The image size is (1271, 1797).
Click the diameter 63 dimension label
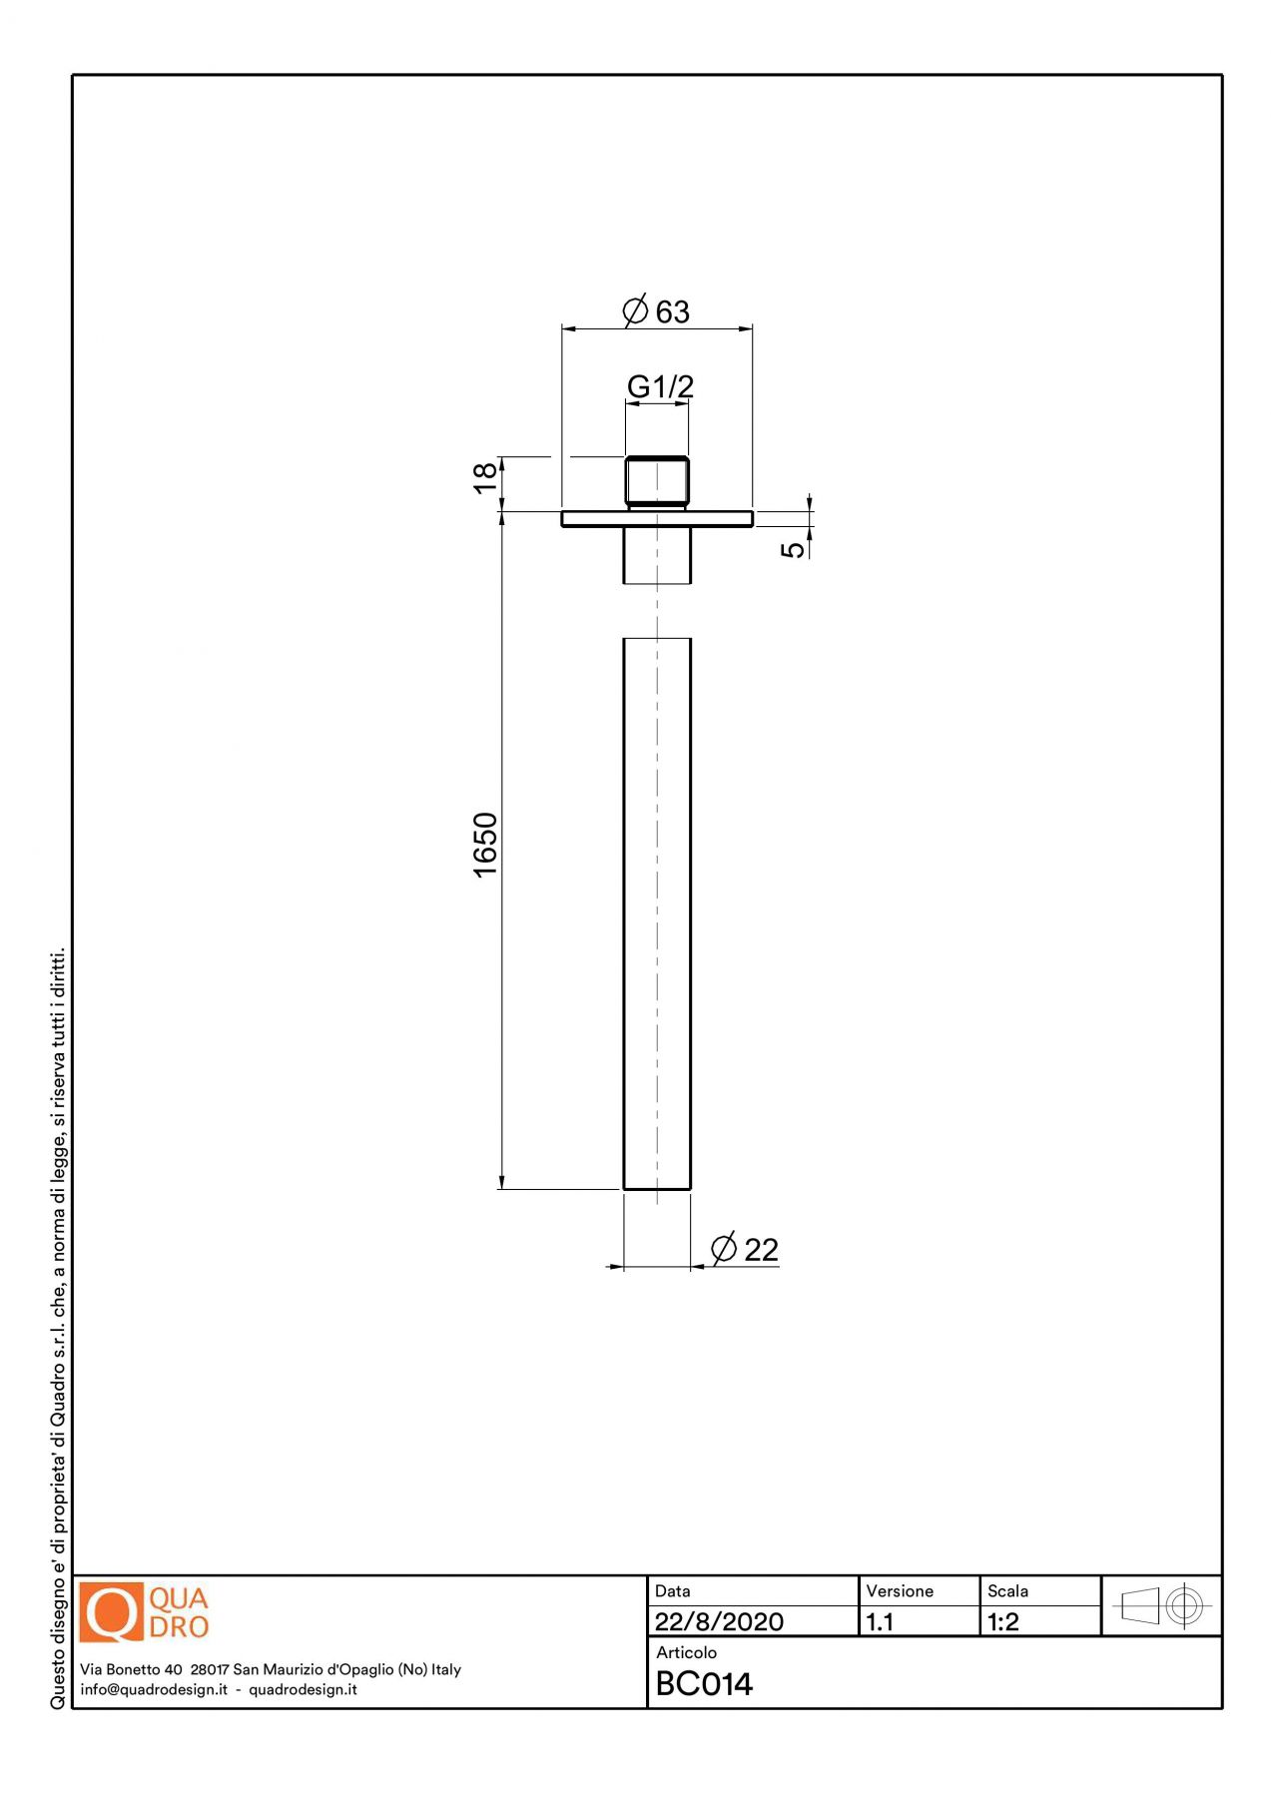tap(656, 311)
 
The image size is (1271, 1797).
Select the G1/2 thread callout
tap(660, 386)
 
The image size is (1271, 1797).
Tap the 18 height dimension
tap(484, 477)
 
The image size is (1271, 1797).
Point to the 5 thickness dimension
tap(792, 549)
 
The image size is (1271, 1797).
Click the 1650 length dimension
tap(484, 846)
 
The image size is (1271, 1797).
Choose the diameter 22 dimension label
tap(744, 1249)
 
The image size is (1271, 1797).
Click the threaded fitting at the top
tap(657, 482)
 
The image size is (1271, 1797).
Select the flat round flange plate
tap(657, 518)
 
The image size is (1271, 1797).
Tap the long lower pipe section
tap(657, 913)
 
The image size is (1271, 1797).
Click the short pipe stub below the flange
tap(657, 555)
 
